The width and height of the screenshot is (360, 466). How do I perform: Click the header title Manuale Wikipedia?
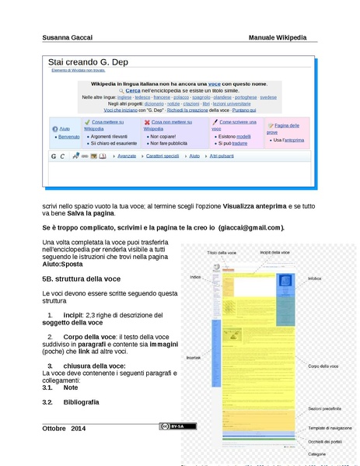pyautogui.click(x=278, y=37)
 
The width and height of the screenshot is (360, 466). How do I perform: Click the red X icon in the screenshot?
pyautogui.click(x=146, y=123)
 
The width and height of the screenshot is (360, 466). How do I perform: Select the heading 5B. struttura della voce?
pyautogui.click(x=81, y=279)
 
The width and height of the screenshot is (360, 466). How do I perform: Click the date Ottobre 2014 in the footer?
pyautogui.click(x=64, y=429)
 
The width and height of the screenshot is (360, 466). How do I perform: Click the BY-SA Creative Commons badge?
pyautogui.click(x=178, y=426)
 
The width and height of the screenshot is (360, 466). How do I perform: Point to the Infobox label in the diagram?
pyautogui.click(x=314, y=277)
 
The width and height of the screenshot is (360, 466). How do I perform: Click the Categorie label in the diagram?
pyautogui.click(x=316, y=453)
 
